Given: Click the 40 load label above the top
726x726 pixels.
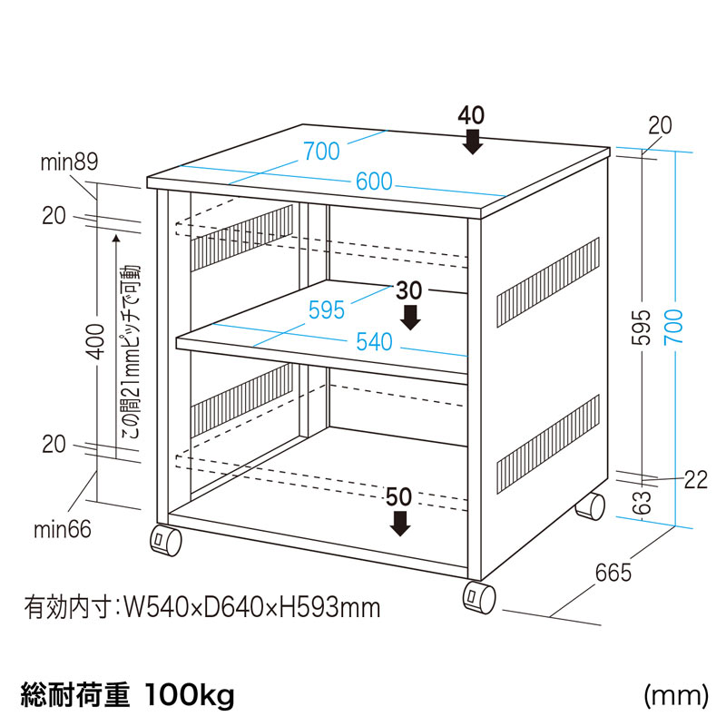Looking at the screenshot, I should click(471, 115).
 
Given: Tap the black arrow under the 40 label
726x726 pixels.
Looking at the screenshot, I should click(472, 142).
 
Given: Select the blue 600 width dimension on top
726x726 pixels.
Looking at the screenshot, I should click(374, 181).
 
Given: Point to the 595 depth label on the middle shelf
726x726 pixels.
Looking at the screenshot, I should click(326, 309).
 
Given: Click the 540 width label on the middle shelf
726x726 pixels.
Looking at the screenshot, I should click(374, 342).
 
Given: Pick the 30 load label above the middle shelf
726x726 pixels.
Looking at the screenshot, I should click(410, 291).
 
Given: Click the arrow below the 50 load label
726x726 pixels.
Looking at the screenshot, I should click(399, 522).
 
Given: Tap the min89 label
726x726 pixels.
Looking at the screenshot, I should click(69, 162).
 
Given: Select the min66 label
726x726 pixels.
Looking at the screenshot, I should click(66, 529).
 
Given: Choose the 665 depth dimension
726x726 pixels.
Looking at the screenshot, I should click(613, 573).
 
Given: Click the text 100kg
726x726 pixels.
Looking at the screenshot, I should click(190, 696).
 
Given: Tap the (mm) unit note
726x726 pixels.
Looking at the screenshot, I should click(675, 696).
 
